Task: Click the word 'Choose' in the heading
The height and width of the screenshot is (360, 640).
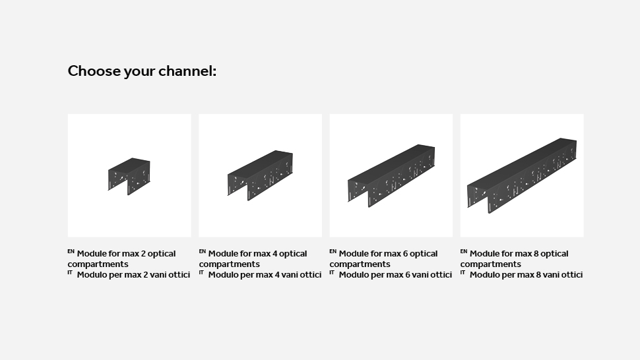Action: pos(94,71)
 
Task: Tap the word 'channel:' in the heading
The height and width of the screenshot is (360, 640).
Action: pos(187,71)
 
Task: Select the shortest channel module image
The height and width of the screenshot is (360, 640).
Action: pos(129,176)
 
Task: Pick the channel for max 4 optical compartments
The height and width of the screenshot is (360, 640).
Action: pos(260,175)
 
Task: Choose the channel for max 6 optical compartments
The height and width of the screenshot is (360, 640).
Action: pos(391,176)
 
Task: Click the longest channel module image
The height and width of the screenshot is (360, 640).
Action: pos(522,175)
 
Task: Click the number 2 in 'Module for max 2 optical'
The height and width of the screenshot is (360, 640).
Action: pos(143,254)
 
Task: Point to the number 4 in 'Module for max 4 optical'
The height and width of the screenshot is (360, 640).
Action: pos(274,254)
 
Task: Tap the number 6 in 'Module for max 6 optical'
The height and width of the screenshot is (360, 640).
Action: pos(405,254)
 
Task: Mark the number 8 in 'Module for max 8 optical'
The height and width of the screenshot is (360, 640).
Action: pos(536,254)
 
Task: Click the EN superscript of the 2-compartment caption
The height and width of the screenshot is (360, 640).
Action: pos(71,251)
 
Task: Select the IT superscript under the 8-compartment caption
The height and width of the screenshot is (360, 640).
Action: pos(463,272)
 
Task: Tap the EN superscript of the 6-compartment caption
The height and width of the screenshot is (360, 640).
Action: pos(333,251)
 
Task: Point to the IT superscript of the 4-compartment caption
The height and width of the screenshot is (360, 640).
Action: pos(201,272)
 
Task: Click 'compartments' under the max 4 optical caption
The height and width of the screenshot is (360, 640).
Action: pos(230,264)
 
